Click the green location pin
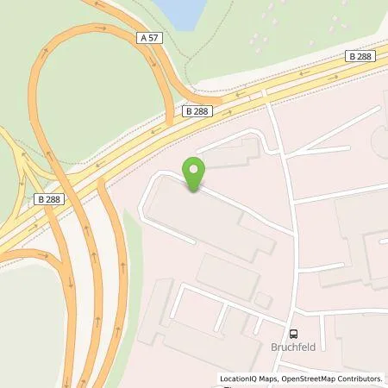coord(195,173)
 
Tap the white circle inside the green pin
coord(195,167)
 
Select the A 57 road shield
coord(148,39)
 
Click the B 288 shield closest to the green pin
coord(198,110)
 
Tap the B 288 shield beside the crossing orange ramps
coord(48,199)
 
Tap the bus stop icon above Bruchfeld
coord(294,335)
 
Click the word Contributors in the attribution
coord(362,379)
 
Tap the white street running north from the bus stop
coord(290,216)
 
